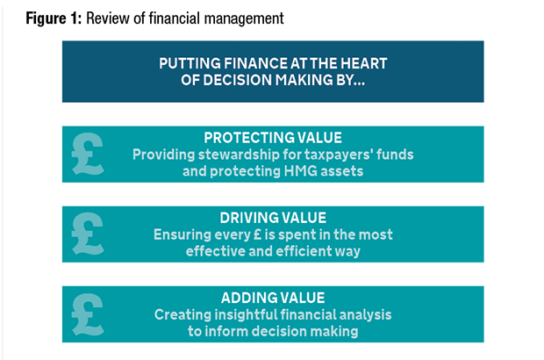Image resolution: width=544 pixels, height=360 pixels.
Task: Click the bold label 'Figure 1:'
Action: click(54, 18)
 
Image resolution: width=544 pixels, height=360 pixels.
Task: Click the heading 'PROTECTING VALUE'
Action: click(273, 138)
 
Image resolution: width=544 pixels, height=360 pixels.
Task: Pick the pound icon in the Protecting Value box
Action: click(88, 154)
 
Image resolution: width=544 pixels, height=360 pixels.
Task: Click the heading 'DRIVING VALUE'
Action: click(273, 218)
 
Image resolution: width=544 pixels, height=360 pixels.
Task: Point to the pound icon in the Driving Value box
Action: click(88, 234)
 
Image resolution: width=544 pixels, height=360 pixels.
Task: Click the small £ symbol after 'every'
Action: click(257, 234)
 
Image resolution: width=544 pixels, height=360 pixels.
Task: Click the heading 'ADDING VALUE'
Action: click(273, 298)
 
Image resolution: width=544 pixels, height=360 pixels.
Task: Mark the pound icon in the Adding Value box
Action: click(88, 314)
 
